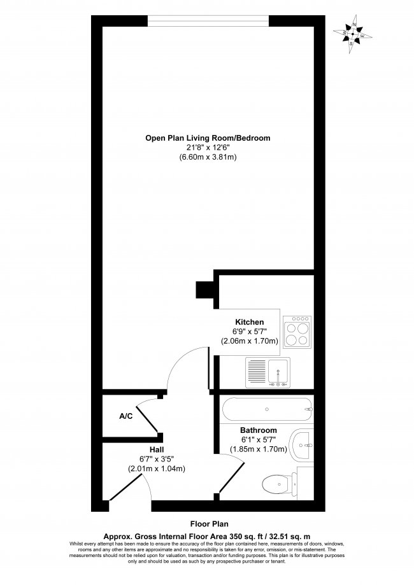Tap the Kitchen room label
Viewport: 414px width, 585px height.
[249, 322]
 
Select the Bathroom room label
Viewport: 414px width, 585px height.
[258, 430]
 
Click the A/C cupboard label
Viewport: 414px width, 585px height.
[125, 416]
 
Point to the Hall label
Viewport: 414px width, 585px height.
[157, 449]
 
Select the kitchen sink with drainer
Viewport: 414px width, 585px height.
[268, 371]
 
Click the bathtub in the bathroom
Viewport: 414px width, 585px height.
[266, 407]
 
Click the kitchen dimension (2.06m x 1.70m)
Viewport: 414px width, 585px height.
[250, 341]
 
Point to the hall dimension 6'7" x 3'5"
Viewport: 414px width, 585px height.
[157, 460]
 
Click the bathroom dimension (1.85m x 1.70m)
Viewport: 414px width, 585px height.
[259, 449]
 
